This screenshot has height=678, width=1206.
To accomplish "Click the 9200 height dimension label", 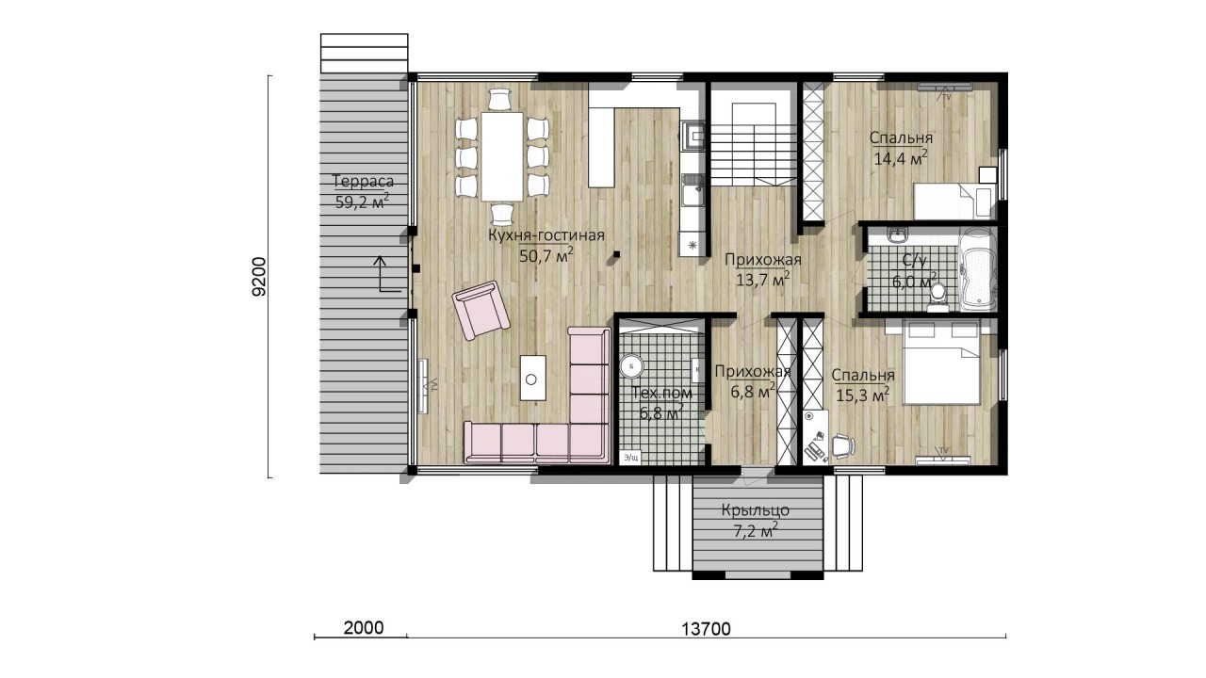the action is [x=259, y=277].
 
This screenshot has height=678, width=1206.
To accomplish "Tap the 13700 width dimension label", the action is [x=706, y=628].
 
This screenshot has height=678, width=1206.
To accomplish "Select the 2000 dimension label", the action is [x=364, y=627].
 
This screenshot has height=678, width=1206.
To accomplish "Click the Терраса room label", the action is [x=364, y=181].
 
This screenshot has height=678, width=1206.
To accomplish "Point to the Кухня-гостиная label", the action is [x=546, y=235].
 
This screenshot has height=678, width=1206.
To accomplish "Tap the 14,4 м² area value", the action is [x=901, y=157].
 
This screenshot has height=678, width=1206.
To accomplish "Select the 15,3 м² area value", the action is [x=862, y=395].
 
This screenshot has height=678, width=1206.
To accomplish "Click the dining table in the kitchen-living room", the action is [x=502, y=156].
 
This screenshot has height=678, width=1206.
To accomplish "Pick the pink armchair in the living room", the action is [x=481, y=311].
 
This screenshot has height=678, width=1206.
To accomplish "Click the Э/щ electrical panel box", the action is [x=630, y=458].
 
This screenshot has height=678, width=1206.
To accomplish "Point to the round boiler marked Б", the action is [x=631, y=366].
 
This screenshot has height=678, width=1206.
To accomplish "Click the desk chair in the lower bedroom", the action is [x=842, y=445].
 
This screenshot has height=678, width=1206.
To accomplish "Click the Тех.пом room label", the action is [x=661, y=393].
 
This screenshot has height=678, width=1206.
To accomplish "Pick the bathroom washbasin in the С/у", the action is [x=898, y=234].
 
